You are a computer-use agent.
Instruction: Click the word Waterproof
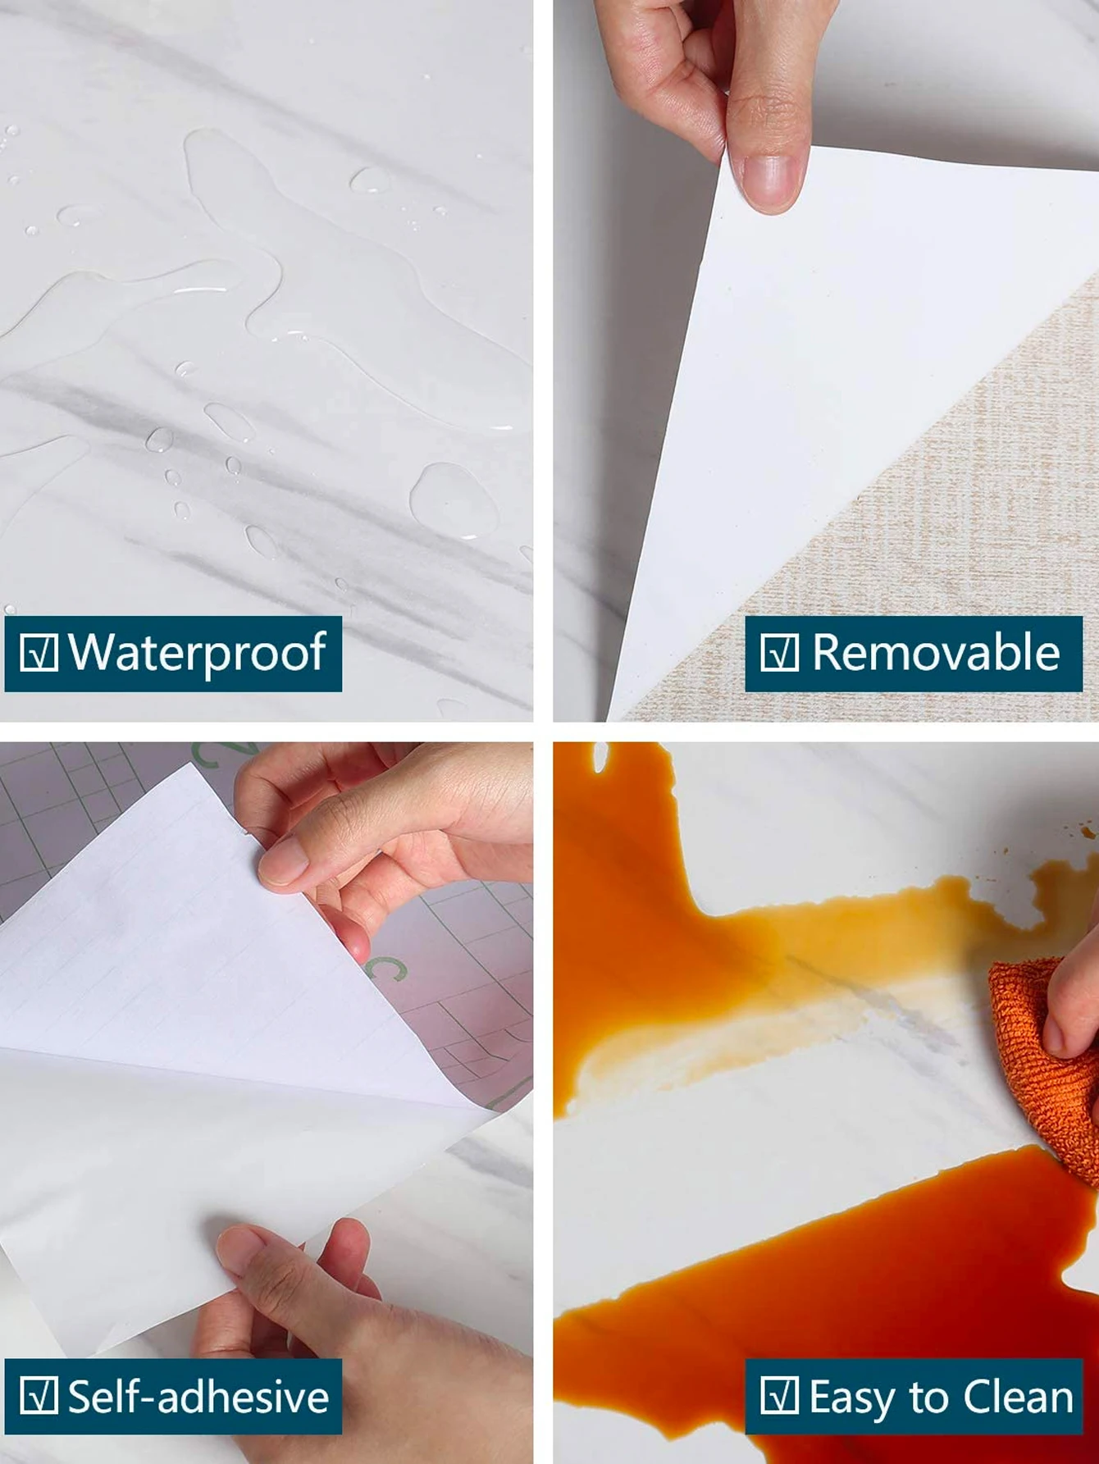[x=197, y=653]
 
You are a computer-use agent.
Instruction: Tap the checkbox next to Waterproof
[x=39, y=653]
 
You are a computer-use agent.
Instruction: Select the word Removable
[x=936, y=653]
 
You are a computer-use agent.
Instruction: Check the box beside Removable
[x=779, y=653]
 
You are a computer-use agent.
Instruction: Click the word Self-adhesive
[x=198, y=1397]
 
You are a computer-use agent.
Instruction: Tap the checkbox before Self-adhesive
[x=39, y=1396]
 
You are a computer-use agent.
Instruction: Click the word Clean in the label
[x=1019, y=1397]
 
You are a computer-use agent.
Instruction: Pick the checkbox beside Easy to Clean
[x=779, y=1396]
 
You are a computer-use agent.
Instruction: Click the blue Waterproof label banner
[x=173, y=654]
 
